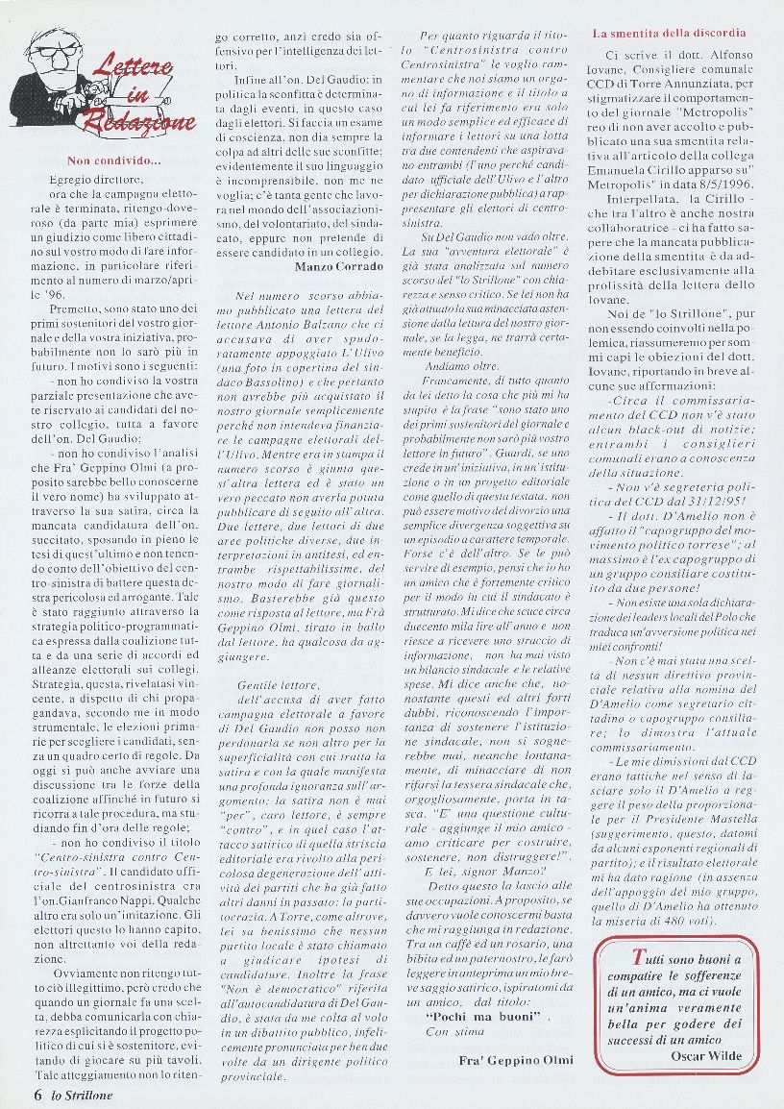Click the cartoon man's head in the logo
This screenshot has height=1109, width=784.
[x=47, y=54]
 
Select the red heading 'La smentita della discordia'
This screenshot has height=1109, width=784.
[x=669, y=33]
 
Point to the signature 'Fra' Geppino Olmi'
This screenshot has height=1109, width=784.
[x=517, y=1059]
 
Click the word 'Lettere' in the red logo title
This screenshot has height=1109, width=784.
[x=134, y=66]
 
